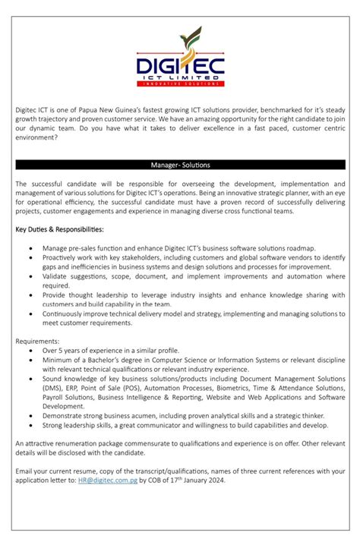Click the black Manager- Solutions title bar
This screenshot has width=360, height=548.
(x=180, y=165)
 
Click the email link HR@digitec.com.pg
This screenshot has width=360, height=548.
(x=108, y=481)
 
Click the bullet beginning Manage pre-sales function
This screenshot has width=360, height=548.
(x=178, y=248)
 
